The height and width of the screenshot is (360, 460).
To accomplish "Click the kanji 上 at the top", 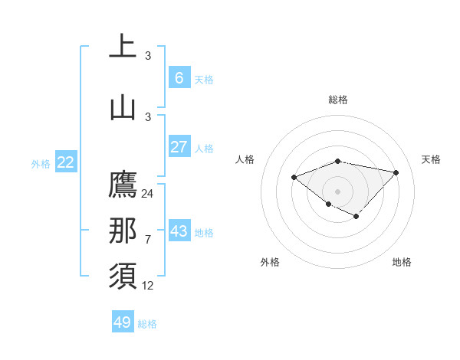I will click(x=123, y=47).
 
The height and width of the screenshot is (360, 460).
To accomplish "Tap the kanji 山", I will click(x=123, y=107).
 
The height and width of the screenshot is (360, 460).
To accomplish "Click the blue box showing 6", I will click(x=179, y=77).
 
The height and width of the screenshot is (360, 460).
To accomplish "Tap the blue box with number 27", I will click(x=179, y=146).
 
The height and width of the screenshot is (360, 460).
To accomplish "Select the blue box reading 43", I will click(x=179, y=231).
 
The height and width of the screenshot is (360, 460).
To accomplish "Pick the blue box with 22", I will click(x=66, y=162).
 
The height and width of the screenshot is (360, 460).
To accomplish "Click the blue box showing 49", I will click(x=123, y=322).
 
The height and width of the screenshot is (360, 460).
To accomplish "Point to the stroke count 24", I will click(x=147, y=194).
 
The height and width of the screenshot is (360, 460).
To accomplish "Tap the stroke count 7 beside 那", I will click(x=147, y=240).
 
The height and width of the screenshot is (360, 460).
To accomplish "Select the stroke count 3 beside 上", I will click(x=147, y=55).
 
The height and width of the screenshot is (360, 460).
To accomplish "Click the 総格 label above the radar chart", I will click(x=338, y=100).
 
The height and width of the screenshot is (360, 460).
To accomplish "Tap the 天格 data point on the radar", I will click(x=396, y=172).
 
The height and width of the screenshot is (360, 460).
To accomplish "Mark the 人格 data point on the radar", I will click(x=294, y=178).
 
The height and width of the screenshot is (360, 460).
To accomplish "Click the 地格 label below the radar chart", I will click(x=402, y=262).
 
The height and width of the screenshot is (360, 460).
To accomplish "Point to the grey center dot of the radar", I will click(x=338, y=191).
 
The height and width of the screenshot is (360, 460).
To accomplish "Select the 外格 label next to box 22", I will click(x=41, y=163).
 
